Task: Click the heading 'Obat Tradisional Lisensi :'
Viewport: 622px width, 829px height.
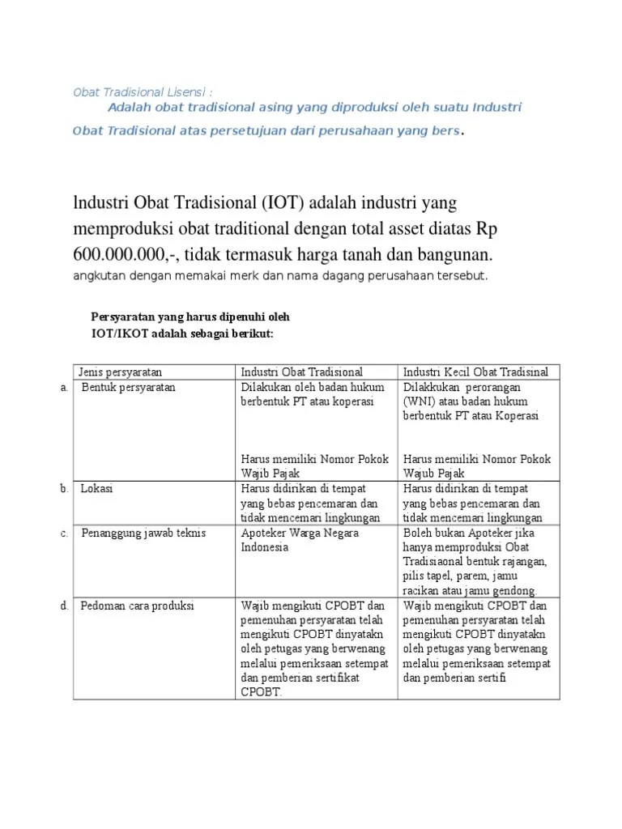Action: coord(143,92)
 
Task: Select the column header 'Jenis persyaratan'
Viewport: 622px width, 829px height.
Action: coord(120,372)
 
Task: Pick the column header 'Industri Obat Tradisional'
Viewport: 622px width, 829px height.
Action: coord(302,372)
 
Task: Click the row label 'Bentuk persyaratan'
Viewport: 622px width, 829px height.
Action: coord(128,388)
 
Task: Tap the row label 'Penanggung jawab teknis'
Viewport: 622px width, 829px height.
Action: coord(143,533)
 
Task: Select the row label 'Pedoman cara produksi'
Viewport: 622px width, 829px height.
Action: coord(138,606)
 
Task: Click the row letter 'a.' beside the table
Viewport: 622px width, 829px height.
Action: coord(64,388)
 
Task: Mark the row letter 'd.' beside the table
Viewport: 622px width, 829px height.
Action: coord(64,606)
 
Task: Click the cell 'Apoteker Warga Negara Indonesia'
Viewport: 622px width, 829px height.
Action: coord(300,540)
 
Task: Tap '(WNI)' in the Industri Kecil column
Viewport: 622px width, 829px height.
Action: coord(419,402)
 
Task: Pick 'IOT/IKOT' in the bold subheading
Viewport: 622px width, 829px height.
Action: coord(118,334)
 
